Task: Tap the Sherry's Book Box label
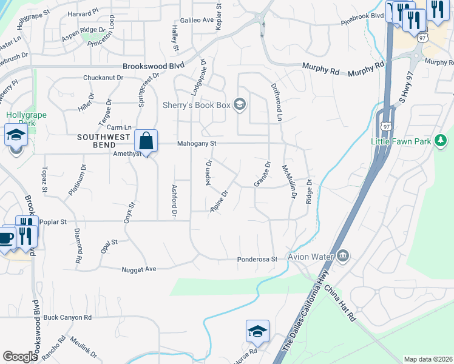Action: point(197,105)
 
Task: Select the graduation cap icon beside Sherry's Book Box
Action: point(240,105)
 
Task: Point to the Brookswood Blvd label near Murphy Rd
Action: point(153,67)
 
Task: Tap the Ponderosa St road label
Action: point(257,260)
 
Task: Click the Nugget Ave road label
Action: point(139,269)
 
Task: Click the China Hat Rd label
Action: point(340,303)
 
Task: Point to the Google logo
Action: point(20,357)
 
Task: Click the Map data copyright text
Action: point(428,359)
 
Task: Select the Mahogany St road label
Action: point(197,144)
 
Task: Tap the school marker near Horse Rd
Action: point(257,331)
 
